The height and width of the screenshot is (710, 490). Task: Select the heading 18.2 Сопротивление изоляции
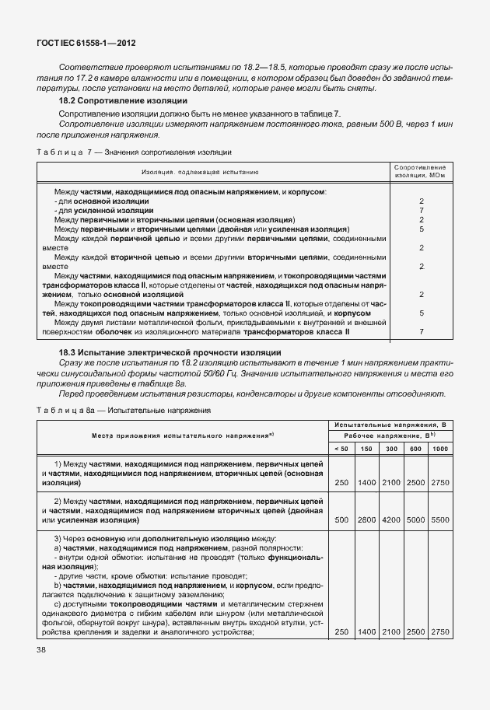(x=124, y=102)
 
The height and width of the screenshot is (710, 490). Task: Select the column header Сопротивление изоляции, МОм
(x=420, y=171)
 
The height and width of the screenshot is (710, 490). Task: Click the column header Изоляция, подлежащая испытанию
(x=200, y=171)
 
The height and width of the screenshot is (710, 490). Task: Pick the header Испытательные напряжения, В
(x=389, y=425)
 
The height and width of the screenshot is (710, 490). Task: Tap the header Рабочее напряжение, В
(x=389, y=437)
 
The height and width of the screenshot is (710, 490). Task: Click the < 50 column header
(x=341, y=449)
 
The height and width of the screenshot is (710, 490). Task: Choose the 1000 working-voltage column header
(x=439, y=449)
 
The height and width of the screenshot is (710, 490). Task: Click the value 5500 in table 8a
(x=439, y=519)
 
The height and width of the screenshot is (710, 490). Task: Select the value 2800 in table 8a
(x=366, y=519)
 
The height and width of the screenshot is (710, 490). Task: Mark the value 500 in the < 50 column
(x=341, y=519)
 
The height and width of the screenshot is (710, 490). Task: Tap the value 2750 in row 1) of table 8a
(x=439, y=483)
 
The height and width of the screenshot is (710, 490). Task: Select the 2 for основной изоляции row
(x=420, y=201)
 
